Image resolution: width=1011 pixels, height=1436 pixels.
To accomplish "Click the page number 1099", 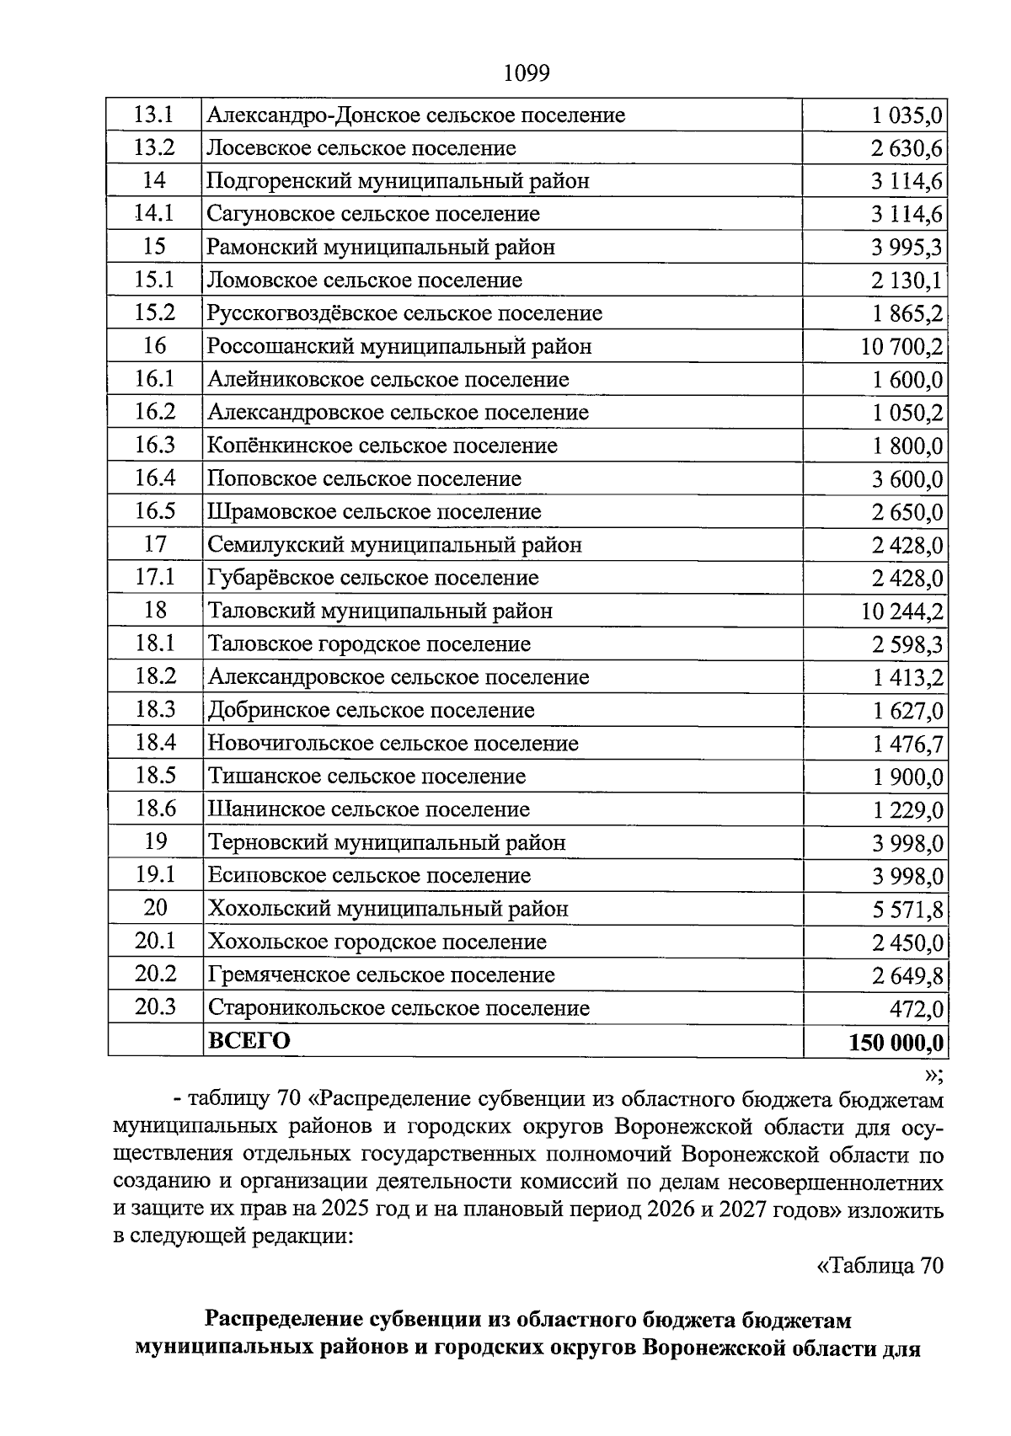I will pyautogui.click(x=526, y=74).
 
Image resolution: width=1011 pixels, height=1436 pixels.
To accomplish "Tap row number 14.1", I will pyautogui.click(x=154, y=214).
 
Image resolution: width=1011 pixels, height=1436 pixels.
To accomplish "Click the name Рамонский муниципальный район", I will pyautogui.click(x=381, y=248).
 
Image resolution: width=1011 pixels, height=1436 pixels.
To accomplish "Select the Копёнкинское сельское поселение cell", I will pyautogui.click(x=382, y=446).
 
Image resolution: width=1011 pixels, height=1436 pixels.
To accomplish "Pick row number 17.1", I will pyautogui.click(x=154, y=578).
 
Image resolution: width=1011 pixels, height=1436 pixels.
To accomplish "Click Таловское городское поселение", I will pyautogui.click(x=369, y=644).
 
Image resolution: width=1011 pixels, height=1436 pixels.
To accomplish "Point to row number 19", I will pyautogui.click(x=155, y=841).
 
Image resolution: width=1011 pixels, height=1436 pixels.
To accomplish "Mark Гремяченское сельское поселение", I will pyautogui.click(x=381, y=975).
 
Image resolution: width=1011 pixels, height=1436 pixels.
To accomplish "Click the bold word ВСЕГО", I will pyautogui.click(x=249, y=1041).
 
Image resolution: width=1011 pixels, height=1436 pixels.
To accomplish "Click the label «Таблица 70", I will pyautogui.click(x=880, y=1265).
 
